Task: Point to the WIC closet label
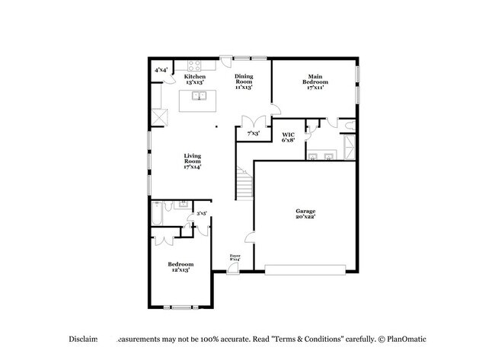[x=289, y=137]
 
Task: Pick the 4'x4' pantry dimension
[x=161, y=71]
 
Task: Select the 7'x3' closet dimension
[x=253, y=134]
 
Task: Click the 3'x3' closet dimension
[x=202, y=214]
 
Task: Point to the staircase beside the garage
[x=243, y=183]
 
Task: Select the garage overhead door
[x=305, y=268]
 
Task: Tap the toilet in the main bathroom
[x=348, y=126]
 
